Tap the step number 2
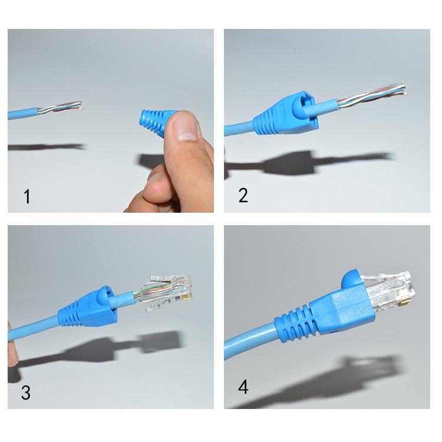point(243,195)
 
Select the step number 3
point(25,392)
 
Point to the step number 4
point(243,387)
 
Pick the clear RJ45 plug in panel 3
point(167,292)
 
